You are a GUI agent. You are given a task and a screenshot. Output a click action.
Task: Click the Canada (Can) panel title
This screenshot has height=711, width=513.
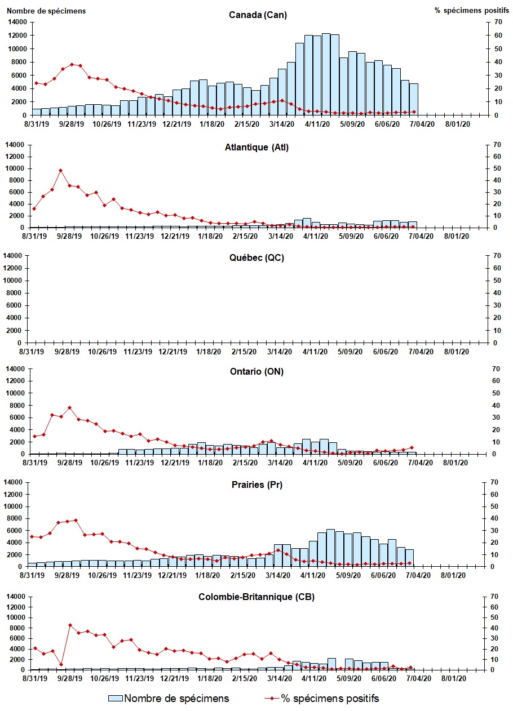[258, 15]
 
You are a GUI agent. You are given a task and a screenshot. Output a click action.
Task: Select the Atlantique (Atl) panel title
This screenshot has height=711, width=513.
[258, 148]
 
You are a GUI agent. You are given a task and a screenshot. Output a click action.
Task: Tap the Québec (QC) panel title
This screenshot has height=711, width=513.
[258, 258]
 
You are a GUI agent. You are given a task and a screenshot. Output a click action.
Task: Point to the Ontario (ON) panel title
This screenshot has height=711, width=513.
[258, 371]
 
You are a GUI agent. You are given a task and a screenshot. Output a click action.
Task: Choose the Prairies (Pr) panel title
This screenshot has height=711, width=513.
[258, 485]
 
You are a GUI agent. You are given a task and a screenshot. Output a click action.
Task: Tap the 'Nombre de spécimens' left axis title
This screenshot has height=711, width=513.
[46, 11]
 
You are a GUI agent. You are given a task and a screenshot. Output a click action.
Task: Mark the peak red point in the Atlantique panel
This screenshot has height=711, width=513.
[60, 170]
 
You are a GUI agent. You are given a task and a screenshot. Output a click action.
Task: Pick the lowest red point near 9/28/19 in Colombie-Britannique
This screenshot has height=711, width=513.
[61, 664]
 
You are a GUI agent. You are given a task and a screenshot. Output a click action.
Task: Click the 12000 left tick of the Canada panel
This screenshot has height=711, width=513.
[18, 35]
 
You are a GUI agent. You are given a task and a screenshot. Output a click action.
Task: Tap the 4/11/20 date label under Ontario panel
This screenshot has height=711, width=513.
[315, 463]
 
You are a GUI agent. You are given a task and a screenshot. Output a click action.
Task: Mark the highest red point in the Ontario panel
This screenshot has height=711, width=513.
[69, 407]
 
